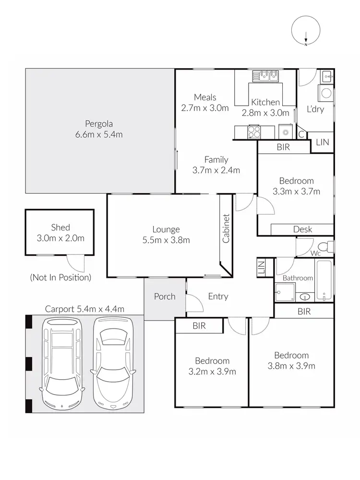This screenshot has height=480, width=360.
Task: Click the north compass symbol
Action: [306, 32]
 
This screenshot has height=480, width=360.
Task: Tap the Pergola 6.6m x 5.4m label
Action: [99, 129]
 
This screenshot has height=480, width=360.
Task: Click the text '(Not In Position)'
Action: [60, 277]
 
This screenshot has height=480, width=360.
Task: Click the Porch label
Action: [165, 297]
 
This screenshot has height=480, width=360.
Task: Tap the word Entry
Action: [218, 297]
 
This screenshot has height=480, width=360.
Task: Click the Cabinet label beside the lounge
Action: [226, 228]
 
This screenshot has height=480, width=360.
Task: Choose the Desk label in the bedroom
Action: [302, 229]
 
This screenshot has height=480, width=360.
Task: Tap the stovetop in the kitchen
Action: [253, 131]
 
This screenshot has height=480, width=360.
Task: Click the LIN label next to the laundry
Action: [323, 142]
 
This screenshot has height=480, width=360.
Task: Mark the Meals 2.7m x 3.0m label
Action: [205, 103]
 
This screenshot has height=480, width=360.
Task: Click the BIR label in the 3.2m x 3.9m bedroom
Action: [199, 326]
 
